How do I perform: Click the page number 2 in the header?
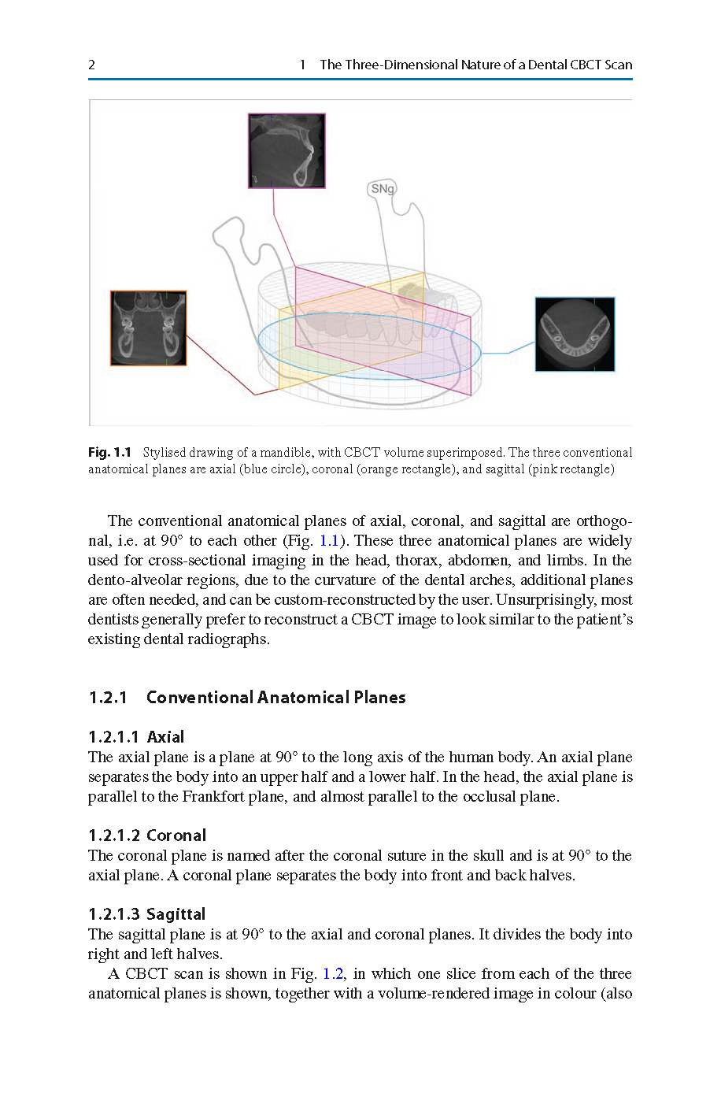click(x=91, y=65)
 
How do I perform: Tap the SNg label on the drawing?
click(x=383, y=189)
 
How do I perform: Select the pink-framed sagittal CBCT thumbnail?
click(x=287, y=150)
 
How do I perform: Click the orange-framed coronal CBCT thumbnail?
click(x=149, y=328)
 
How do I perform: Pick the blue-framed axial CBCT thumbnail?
click(x=575, y=334)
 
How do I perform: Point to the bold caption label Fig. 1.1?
click(x=109, y=452)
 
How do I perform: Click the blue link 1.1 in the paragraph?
click(x=328, y=541)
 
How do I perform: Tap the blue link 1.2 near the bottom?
click(x=333, y=974)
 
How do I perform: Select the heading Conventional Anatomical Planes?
click(x=275, y=698)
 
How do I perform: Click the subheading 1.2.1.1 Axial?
click(x=136, y=737)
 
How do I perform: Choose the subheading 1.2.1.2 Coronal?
click(x=147, y=835)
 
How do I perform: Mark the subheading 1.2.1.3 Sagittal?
click(x=147, y=914)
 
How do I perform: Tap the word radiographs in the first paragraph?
click(x=228, y=639)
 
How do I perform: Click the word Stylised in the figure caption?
click(x=165, y=453)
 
